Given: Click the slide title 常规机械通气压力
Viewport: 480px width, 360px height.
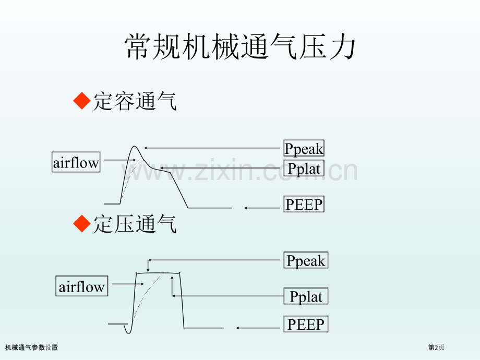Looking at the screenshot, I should [x=241, y=48].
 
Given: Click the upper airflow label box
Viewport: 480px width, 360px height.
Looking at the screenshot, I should [x=76, y=163].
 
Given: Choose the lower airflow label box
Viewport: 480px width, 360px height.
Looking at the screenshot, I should [x=82, y=286].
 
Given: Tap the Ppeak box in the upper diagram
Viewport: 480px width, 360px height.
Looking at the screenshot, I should [x=304, y=149].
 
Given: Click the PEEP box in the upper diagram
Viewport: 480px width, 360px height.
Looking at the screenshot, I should [x=304, y=204].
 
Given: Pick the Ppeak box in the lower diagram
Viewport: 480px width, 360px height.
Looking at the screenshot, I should [x=306, y=260].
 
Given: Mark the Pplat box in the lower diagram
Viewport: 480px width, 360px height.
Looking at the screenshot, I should [x=306, y=297].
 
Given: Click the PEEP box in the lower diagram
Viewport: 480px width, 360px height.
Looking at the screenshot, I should [x=306, y=325].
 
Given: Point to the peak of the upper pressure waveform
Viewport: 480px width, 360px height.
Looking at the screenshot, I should [x=135, y=147].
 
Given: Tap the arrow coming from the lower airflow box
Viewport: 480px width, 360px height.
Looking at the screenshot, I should [x=128, y=284].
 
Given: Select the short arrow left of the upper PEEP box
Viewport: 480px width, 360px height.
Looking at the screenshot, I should [x=263, y=208].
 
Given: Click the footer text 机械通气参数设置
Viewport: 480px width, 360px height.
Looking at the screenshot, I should [x=32, y=347].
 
